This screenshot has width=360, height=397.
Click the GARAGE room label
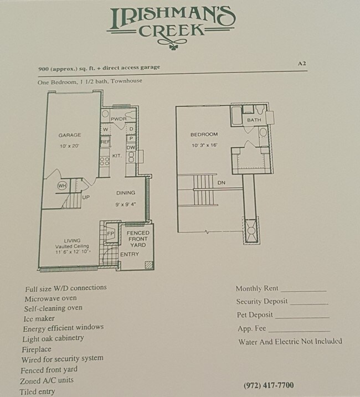70,135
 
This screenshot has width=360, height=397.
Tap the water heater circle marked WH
62,186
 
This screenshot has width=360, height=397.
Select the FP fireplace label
110,234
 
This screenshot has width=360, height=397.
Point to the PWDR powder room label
119,118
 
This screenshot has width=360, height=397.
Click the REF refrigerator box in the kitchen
105,142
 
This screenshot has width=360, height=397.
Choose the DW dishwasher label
131,148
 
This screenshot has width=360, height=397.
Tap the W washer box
106,129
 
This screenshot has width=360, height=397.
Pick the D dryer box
131,129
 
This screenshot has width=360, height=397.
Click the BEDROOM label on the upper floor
204,135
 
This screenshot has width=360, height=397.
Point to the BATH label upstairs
254,120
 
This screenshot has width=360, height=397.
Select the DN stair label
221,183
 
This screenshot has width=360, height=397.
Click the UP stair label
86,197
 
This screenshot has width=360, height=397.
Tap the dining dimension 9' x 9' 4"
126,204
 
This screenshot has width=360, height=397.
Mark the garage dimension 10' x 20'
69,146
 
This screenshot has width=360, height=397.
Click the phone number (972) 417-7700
269,385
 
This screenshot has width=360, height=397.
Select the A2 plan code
302,63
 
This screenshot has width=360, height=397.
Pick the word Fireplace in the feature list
37,349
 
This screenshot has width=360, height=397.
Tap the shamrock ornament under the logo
173,47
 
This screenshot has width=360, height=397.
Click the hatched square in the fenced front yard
149,265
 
